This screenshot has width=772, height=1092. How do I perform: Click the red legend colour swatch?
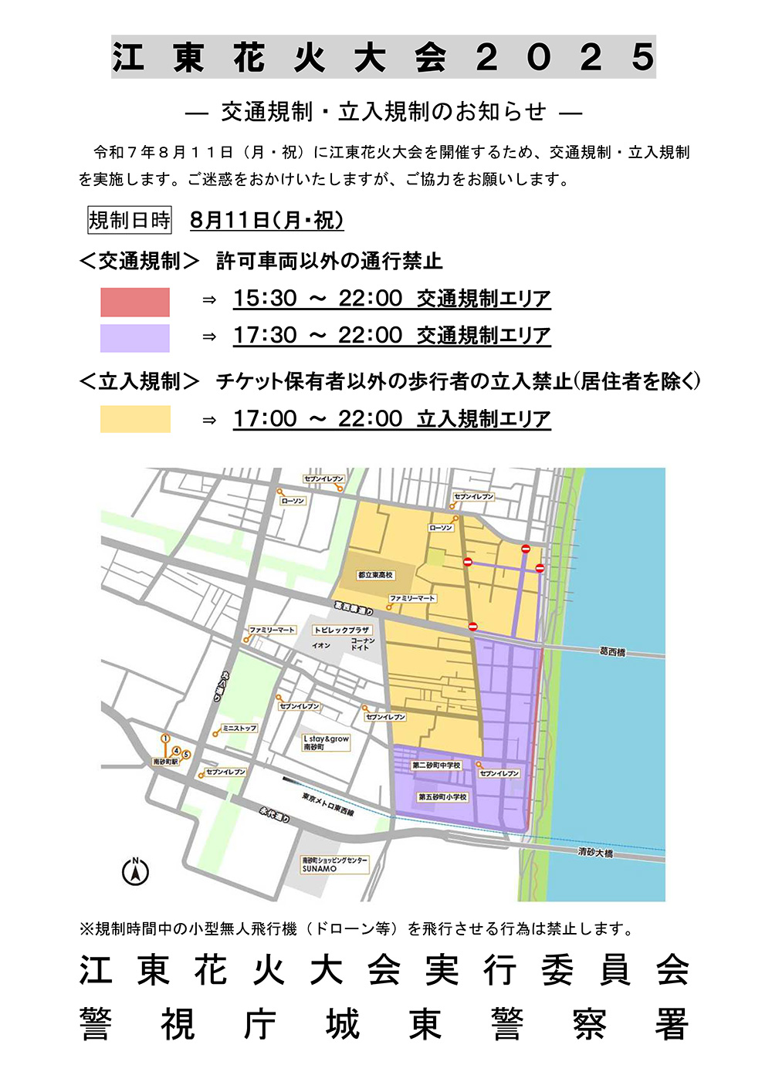pos(135,302)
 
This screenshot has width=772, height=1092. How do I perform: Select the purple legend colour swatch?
pos(135,338)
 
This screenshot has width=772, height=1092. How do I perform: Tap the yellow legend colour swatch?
pos(135,419)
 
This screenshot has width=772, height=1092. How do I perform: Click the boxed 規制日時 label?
pos(130,221)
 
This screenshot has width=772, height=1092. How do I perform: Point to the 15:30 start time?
pos(265,299)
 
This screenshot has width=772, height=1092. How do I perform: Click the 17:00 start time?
pos(265,419)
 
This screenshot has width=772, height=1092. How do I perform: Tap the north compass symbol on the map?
pos(136,872)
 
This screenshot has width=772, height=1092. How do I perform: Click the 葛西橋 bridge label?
pos(612,652)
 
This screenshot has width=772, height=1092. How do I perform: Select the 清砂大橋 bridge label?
pos(595,853)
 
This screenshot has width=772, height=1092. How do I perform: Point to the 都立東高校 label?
pos(376,575)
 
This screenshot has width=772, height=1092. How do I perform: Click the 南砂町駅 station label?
pos(166,762)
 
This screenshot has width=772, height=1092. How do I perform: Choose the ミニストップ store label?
pos(239,728)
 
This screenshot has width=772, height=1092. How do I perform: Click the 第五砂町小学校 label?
pos(442,797)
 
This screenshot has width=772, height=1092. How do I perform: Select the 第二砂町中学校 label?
pos(436,766)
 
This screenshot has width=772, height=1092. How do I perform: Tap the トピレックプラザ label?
pos(342,630)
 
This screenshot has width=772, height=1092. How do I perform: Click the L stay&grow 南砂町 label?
pos(326,742)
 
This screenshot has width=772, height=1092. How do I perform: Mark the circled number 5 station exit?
pos(185,755)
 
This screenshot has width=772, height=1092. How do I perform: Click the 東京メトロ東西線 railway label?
pos(328,805)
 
